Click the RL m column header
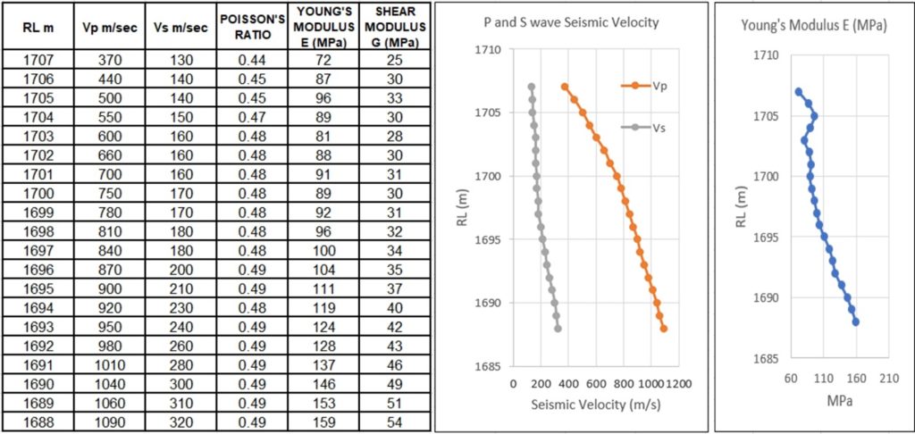pos(38,28)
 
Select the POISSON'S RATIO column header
pos(254,28)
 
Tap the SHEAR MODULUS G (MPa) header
pos(394,28)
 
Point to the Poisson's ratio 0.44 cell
pos(254,60)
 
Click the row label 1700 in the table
pos(38,193)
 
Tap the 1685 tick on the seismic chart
pos(491,366)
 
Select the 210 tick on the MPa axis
pos(889,377)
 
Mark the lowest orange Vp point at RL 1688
pos(664,329)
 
